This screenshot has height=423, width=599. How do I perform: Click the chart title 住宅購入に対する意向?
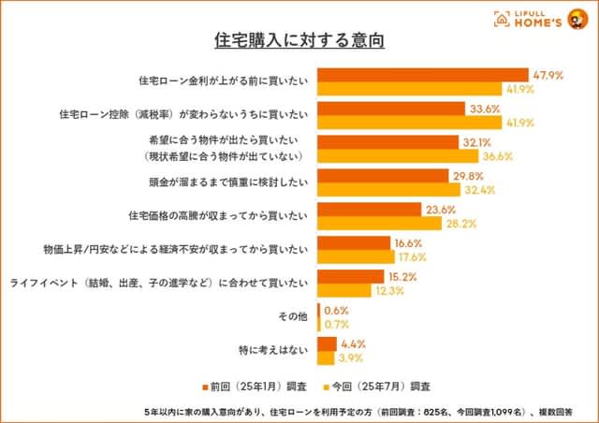[x=299, y=41]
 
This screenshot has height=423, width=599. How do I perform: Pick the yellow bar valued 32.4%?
[x=388, y=190]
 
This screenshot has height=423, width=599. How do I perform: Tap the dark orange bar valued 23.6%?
[x=370, y=210]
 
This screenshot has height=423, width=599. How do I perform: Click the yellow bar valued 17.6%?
[x=357, y=257]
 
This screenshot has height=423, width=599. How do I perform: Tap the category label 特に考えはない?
[x=273, y=351]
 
